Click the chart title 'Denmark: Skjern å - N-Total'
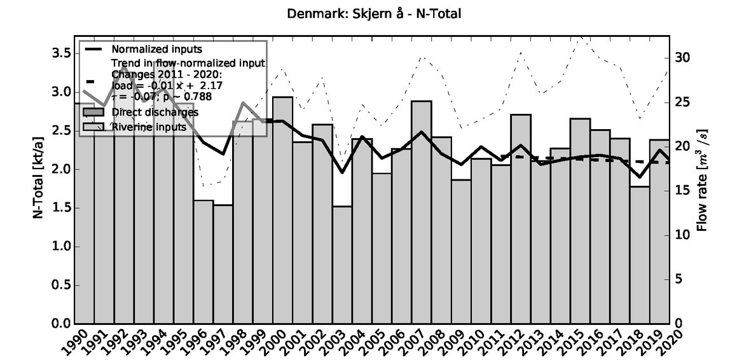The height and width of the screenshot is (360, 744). (371, 12)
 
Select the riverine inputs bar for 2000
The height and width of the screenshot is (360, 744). (282, 210)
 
